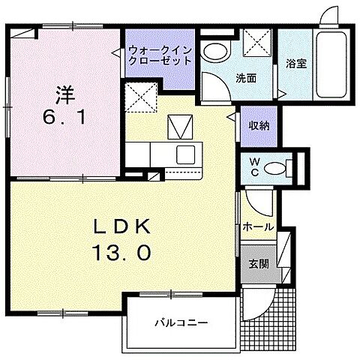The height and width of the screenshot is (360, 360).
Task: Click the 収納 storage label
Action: pos(258,125)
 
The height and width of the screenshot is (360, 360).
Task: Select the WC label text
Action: pos(254,166)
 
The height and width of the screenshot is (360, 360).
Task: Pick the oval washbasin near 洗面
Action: pos(217,51)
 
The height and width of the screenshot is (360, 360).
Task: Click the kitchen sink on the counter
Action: pos(185,156)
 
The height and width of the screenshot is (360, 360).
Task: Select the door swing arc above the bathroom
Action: pos(328,17)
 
